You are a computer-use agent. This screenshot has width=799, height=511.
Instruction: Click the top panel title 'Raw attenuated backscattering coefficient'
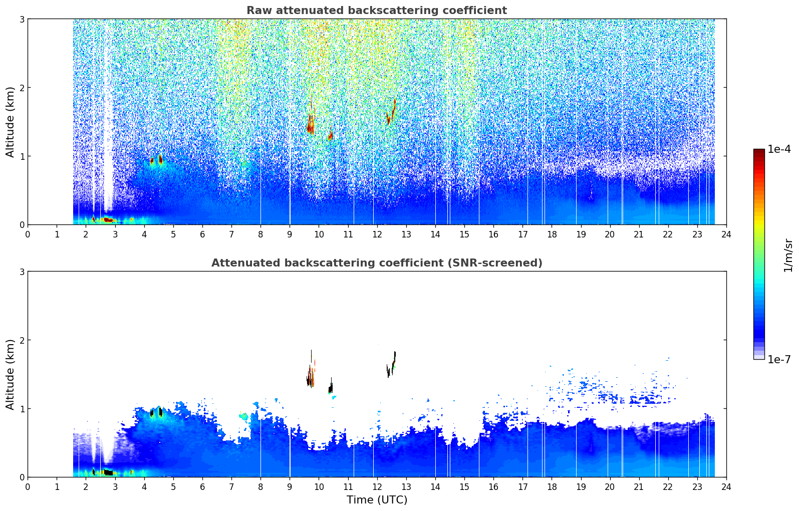point(377,11)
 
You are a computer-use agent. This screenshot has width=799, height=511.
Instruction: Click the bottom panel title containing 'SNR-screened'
point(377,263)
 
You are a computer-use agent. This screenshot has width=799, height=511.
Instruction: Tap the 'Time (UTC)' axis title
point(377,500)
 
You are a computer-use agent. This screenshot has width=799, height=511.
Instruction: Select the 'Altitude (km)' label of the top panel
point(10,122)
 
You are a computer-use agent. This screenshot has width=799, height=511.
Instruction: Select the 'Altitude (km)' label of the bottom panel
point(10,374)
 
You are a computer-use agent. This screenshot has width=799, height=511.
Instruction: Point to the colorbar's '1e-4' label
point(778,149)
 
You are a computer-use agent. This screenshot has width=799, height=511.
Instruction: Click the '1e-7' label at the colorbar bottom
point(778,359)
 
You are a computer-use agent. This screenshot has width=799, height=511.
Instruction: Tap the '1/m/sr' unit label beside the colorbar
point(788,255)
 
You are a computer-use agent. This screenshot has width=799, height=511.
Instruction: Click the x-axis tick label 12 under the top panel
point(377,234)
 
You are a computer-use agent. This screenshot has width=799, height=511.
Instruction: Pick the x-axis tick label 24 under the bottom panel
point(726,487)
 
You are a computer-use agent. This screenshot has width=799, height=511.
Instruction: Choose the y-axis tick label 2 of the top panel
point(22,88)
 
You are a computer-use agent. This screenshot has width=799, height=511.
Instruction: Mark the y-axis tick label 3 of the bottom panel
point(22,272)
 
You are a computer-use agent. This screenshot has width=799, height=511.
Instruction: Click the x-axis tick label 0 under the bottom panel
point(28,487)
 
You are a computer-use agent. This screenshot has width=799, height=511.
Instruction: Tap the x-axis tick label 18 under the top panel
point(552,234)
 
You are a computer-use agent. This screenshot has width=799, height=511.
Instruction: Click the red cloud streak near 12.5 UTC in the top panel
point(391,112)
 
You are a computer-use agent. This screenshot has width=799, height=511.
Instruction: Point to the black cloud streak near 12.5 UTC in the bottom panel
point(391,364)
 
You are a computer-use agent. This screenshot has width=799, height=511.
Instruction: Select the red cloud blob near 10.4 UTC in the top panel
point(331,135)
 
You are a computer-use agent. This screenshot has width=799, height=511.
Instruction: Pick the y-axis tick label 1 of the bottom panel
point(22,409)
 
